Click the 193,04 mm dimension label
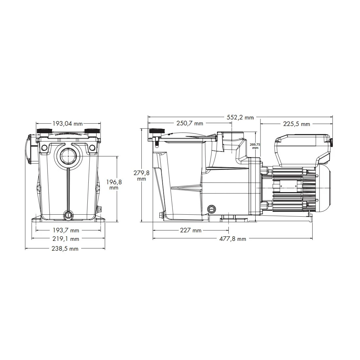67,124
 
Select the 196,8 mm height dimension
114,185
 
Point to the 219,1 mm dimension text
68,239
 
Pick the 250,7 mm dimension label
190,123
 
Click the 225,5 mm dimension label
297,124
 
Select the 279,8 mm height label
141,176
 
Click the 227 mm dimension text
191,231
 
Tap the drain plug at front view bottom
68,214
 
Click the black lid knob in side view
155,131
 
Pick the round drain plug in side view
212,208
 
